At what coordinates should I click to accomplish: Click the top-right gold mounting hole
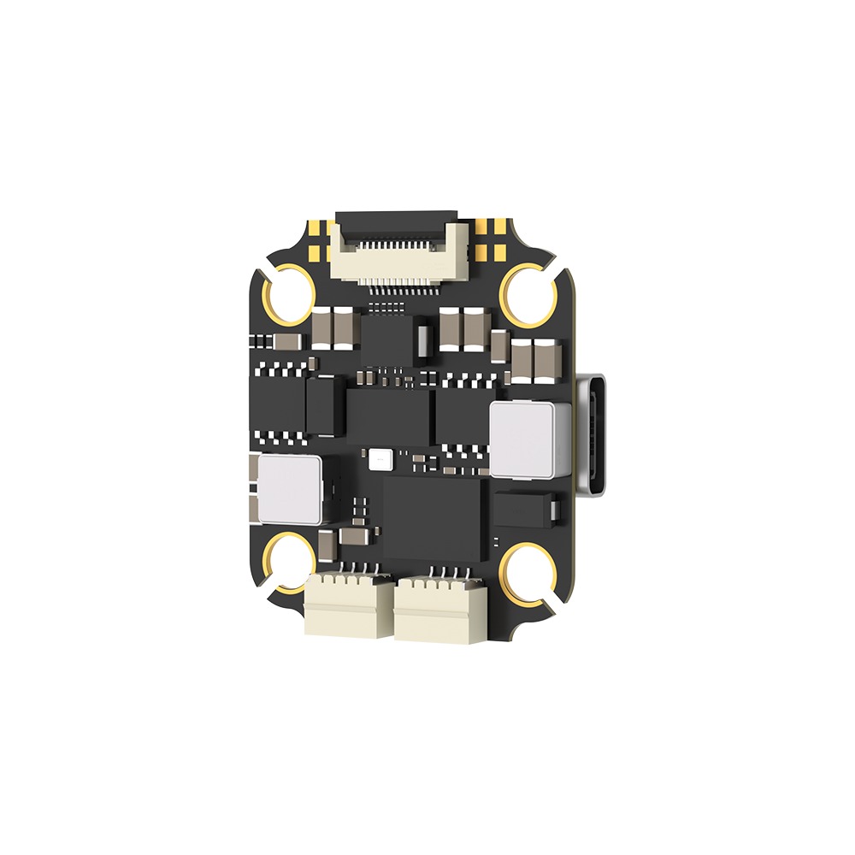pos(527,293)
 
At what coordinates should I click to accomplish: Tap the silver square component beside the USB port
pos(530,439)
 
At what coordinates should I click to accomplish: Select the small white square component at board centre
pos(379,460)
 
